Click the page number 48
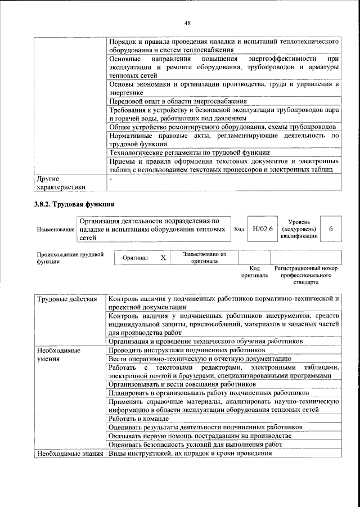(x=187, y=23)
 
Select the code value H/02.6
(x=263, y=229)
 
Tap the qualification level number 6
(x=331, y=229)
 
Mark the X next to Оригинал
(x=163, y=258)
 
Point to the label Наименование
(x=56, y=230)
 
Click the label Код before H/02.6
(x=238, y=229)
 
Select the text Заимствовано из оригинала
(x=204, y=258)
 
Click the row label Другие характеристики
(x=61, y=182)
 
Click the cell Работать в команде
(x=138, y=419)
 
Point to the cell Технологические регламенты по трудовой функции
(x=190, y=152)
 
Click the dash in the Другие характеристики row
(x=111, y=178)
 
